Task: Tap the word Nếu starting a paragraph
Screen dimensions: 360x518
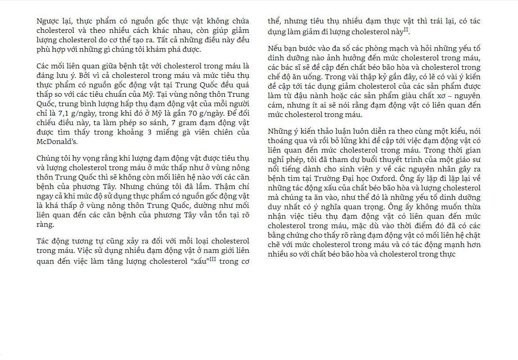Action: [x=275, y=49]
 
